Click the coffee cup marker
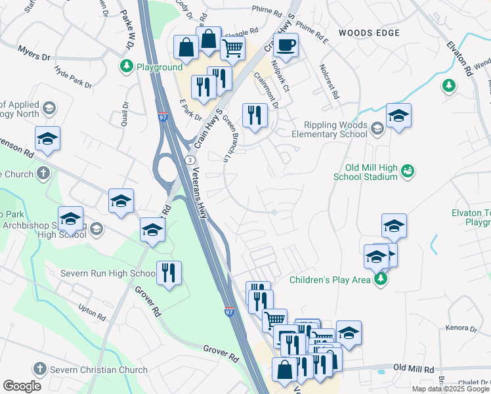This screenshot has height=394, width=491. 286,45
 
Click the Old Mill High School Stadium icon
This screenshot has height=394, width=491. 408,171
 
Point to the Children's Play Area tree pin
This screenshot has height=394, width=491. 379,280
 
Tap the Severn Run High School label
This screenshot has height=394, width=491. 108,273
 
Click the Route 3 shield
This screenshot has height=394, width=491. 189,160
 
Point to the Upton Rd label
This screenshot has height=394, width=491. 91,311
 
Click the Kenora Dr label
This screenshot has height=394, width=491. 463,328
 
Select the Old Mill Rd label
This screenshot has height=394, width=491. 414,368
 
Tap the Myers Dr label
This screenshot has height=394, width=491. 34,53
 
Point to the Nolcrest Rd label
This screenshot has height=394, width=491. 329,81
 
